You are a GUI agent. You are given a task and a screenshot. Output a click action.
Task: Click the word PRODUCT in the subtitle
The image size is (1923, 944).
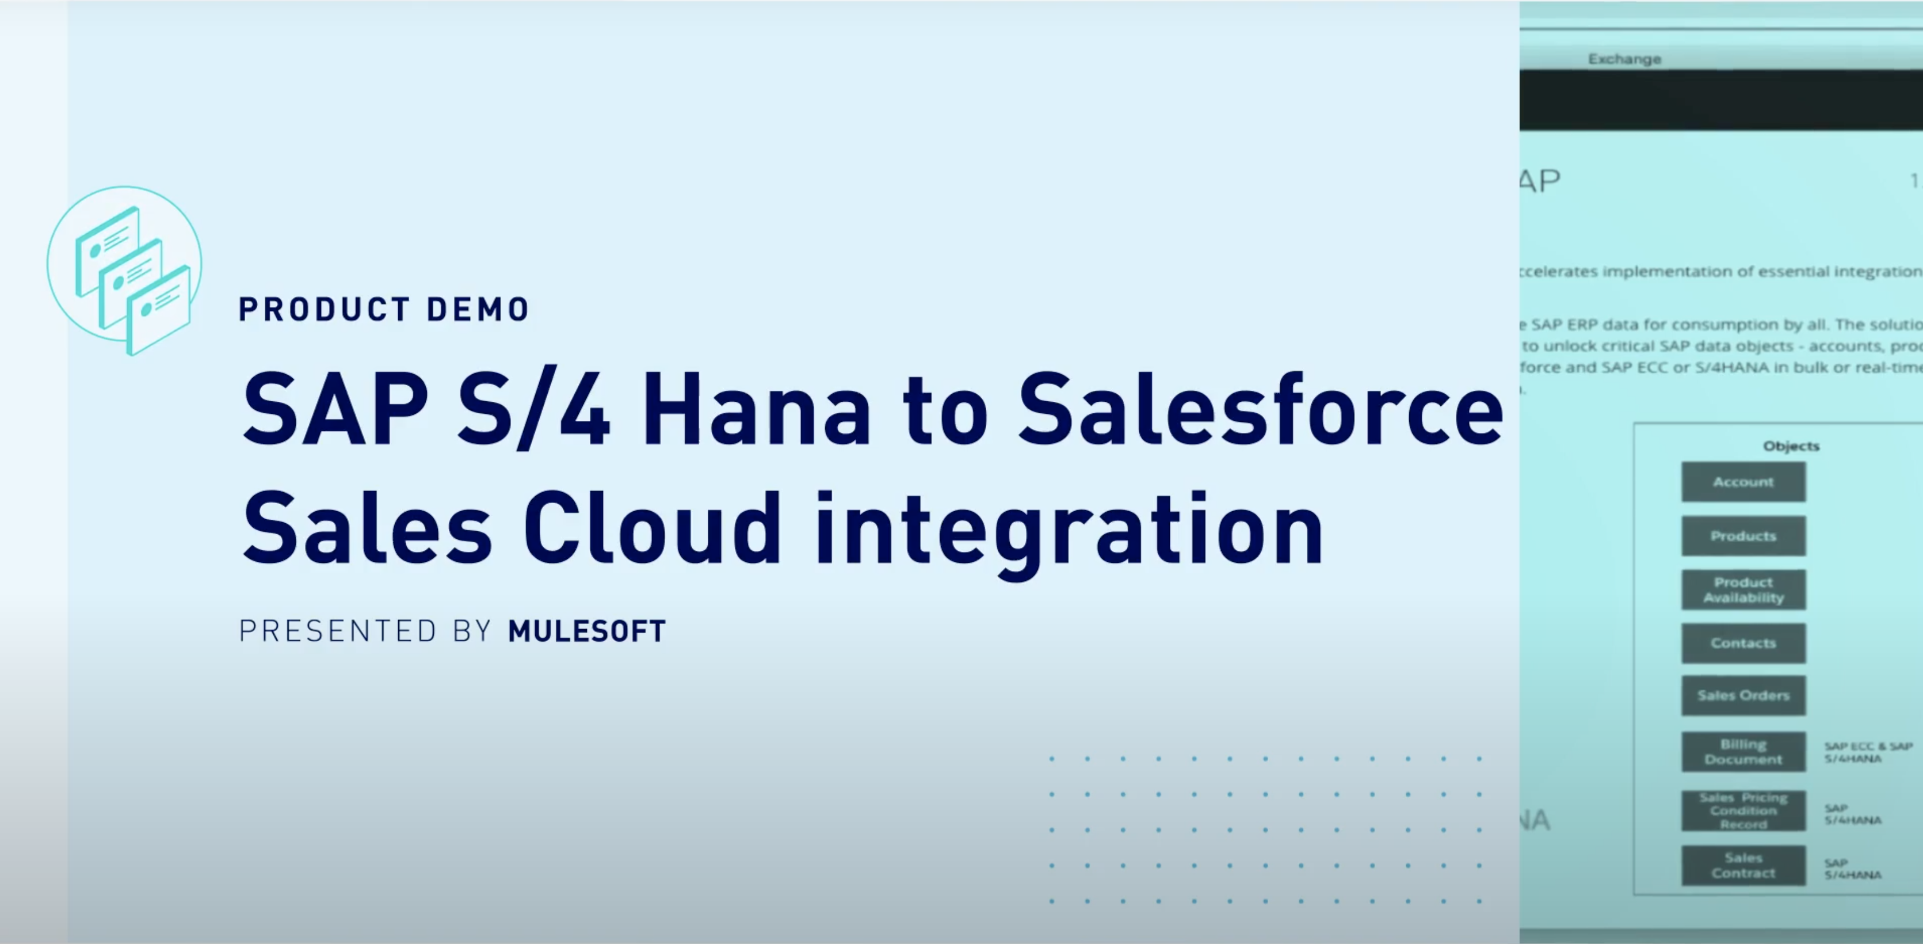[x=324, y=309]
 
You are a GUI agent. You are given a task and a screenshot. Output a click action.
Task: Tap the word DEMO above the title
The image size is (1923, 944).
[x=478, y=309]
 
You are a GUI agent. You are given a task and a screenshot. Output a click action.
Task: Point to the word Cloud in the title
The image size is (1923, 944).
[x=651, y=529]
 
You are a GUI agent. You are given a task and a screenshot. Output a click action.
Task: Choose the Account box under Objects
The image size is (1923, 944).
[x=1743, y=482]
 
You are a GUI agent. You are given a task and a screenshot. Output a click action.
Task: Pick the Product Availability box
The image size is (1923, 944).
[x=1743, y=590]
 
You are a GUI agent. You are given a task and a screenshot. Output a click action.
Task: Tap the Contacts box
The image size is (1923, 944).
[x=1743, y=643]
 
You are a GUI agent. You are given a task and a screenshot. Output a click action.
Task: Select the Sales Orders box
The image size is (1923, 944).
[x=1743, y=696]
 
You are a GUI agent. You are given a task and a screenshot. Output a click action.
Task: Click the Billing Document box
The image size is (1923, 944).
[x=1743, y=751]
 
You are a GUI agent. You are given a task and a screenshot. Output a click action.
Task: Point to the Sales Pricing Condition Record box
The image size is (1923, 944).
[x=1743, y=810]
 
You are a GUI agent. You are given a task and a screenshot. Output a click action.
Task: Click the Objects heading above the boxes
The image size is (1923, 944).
[x=1791, y=446]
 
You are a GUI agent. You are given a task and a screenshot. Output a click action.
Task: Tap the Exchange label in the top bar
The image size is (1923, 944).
[x=1624, y=59]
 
